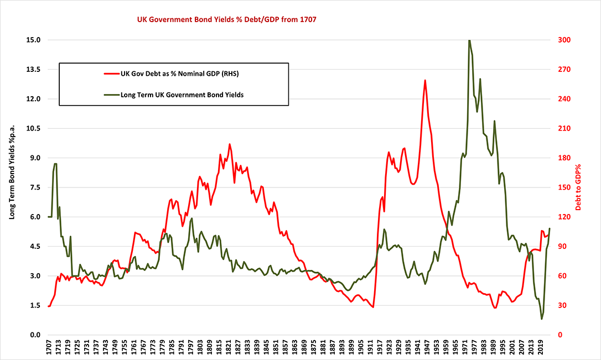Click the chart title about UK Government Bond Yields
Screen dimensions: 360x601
tap(226, 19)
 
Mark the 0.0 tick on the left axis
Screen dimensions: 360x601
tap(35, 335)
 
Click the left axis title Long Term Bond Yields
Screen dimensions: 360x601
tap(12, 187)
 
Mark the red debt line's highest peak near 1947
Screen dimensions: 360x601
tap(425, 80)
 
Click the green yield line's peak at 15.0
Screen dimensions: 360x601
tap(469, 40)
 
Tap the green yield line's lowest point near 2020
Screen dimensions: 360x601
tap(541, 319)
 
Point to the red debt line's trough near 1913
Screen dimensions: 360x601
tap(373, 307)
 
